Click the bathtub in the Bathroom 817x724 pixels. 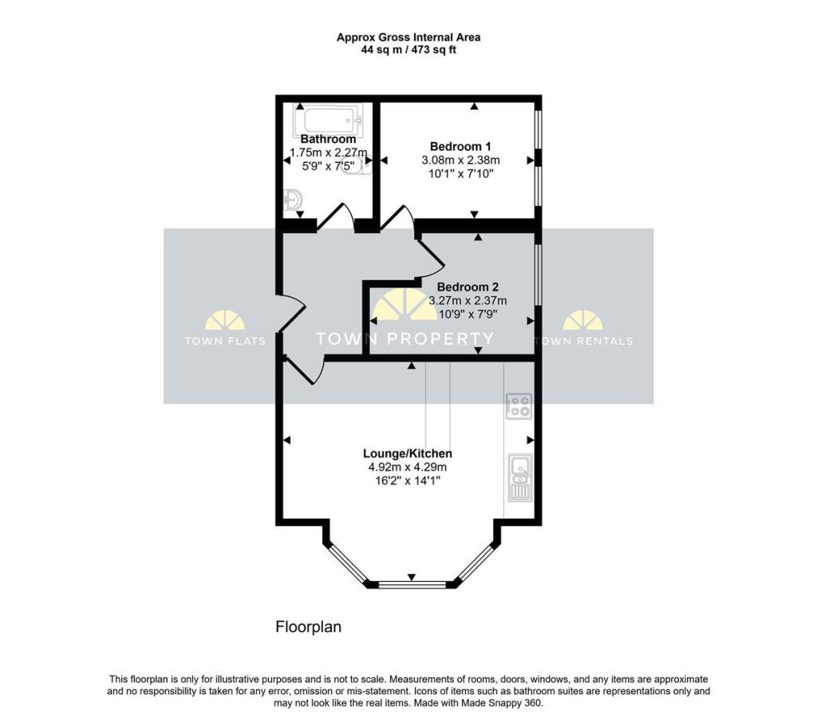(328, 121)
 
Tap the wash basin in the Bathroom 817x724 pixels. (293, 200)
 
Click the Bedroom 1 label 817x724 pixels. (460, 146)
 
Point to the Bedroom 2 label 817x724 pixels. (468, 287)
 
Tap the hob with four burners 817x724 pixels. (519, 407)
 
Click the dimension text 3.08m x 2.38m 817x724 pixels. (460, 160)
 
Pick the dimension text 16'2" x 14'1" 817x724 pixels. (405, 481)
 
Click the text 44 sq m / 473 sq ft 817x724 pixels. (408, 50)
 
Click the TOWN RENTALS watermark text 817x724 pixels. (583, 341)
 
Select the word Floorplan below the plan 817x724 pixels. (308, 627)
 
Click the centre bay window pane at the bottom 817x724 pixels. (411, 585)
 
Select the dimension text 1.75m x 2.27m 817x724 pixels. (328, 153)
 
